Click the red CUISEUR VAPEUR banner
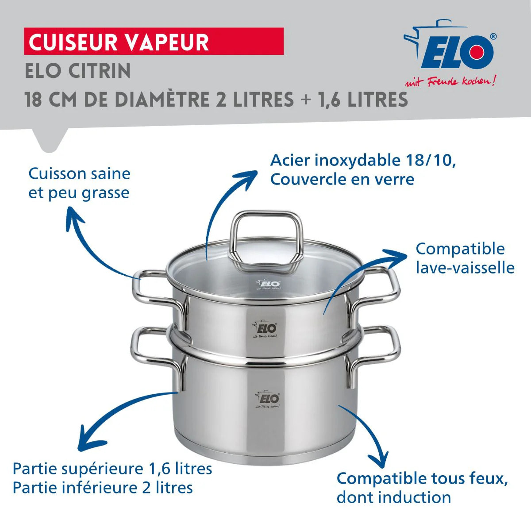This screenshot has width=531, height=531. pyautogui.click(x=154, y=42)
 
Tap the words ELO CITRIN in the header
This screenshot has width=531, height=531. pyautogui.click(x=78, y=71)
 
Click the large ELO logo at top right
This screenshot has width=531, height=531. pyautogui.click(x=451, y=51)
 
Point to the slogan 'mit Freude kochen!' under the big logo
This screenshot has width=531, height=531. pyautogui.click(x=450, y=81)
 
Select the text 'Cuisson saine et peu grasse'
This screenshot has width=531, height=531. pyautogui.click(x=79, y=183)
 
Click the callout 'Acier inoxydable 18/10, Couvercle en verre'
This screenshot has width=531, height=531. pyautogui.click(x=363, y=169)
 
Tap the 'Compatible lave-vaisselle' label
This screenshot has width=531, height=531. pyautogui.click(x=465, y=258)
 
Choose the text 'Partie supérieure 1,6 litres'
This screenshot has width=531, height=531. pyautogui.click(x=112, y=469)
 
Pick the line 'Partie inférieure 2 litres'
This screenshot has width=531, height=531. pyautogui.click(x=103, y=488)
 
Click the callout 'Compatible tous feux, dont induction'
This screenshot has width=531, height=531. pyautogui.click(x=422, y=488)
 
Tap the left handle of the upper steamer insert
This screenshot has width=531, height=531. pyautogui.click(x=155, y=288)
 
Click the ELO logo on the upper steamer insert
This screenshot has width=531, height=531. pyautogui.click(x=265, y=329)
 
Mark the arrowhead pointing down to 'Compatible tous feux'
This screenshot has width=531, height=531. pyautogui.click(x=378, y=460)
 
